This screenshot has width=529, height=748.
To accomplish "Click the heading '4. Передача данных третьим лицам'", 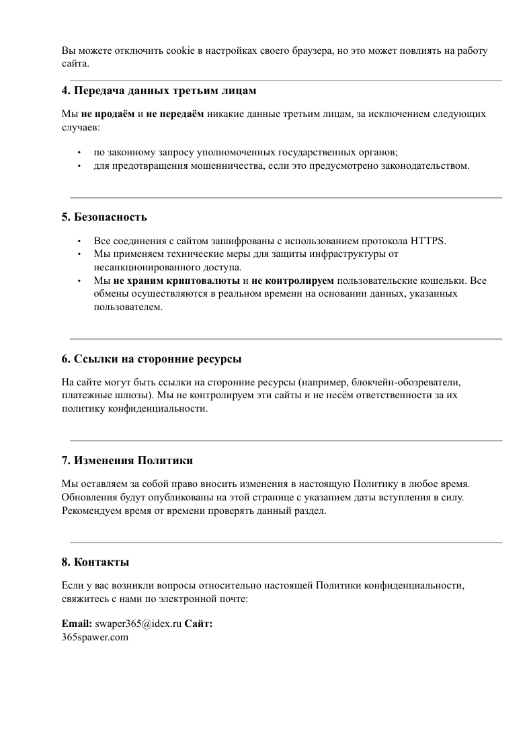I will (x=159, y=91).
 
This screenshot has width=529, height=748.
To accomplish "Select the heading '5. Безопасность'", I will (x=104, y=217).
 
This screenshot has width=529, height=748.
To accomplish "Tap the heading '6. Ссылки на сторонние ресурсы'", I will (x=152, y=359).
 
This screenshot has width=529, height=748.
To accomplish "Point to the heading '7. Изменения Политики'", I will (x=127, y=461).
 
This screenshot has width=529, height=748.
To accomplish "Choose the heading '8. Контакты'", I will (x=95, y=562).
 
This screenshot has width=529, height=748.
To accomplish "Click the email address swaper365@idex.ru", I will (x=138, y=624).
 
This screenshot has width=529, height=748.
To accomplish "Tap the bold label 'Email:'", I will (x=77, y=624).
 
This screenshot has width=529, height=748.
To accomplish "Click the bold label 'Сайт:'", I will (x=199, y=624).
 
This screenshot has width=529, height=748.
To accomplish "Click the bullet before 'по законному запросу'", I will (x=79, y=152).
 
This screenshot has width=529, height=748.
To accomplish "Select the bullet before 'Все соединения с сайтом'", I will (x=79, y=241).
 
